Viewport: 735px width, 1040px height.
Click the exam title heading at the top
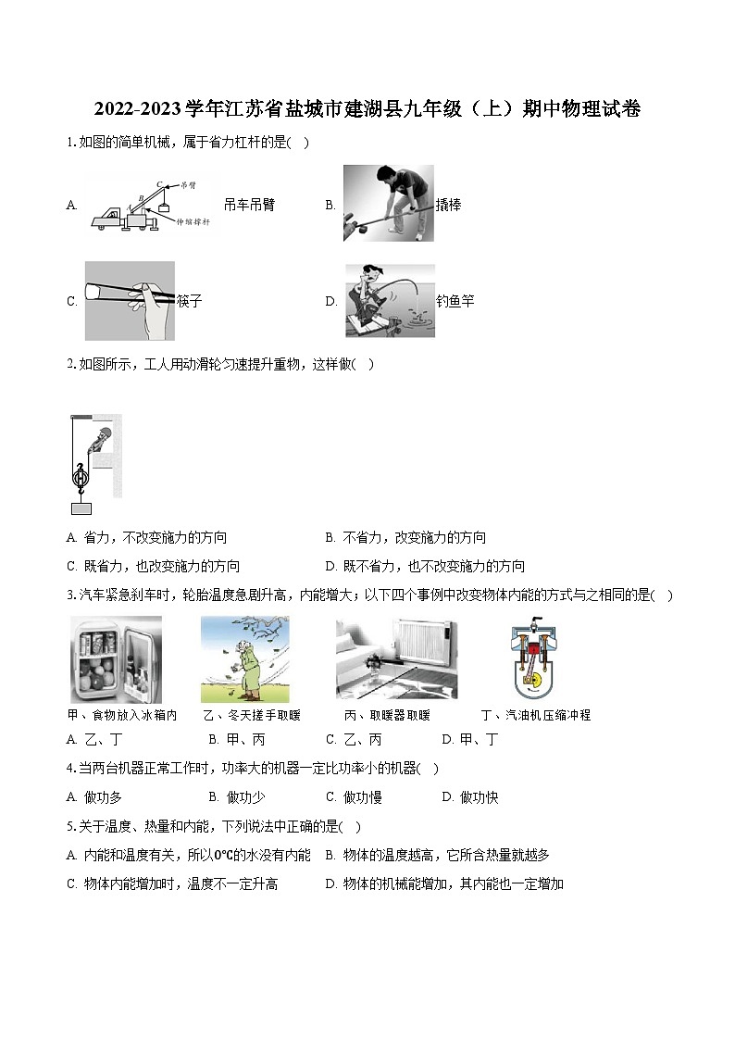(367, 109)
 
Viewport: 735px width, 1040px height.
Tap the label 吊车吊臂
(249, 206)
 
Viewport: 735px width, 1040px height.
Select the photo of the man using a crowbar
(388, 203)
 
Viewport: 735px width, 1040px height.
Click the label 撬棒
(448, 206)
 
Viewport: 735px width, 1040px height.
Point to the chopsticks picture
(130, 300)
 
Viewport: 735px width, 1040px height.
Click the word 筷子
(189, 301)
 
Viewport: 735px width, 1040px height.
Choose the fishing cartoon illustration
(389, 301)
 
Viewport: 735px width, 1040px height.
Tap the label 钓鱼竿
(455, 301)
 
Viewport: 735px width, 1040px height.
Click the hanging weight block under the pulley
(81, 507)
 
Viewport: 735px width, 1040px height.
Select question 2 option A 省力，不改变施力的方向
(148, 538)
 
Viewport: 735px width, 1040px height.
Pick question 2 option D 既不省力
(426, 567)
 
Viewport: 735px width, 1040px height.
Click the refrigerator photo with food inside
(116, 659)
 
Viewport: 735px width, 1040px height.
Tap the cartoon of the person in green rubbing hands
(244, 659)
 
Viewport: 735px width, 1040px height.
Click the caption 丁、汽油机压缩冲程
(536, 715)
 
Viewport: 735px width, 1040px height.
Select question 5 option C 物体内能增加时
(173, 884)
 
